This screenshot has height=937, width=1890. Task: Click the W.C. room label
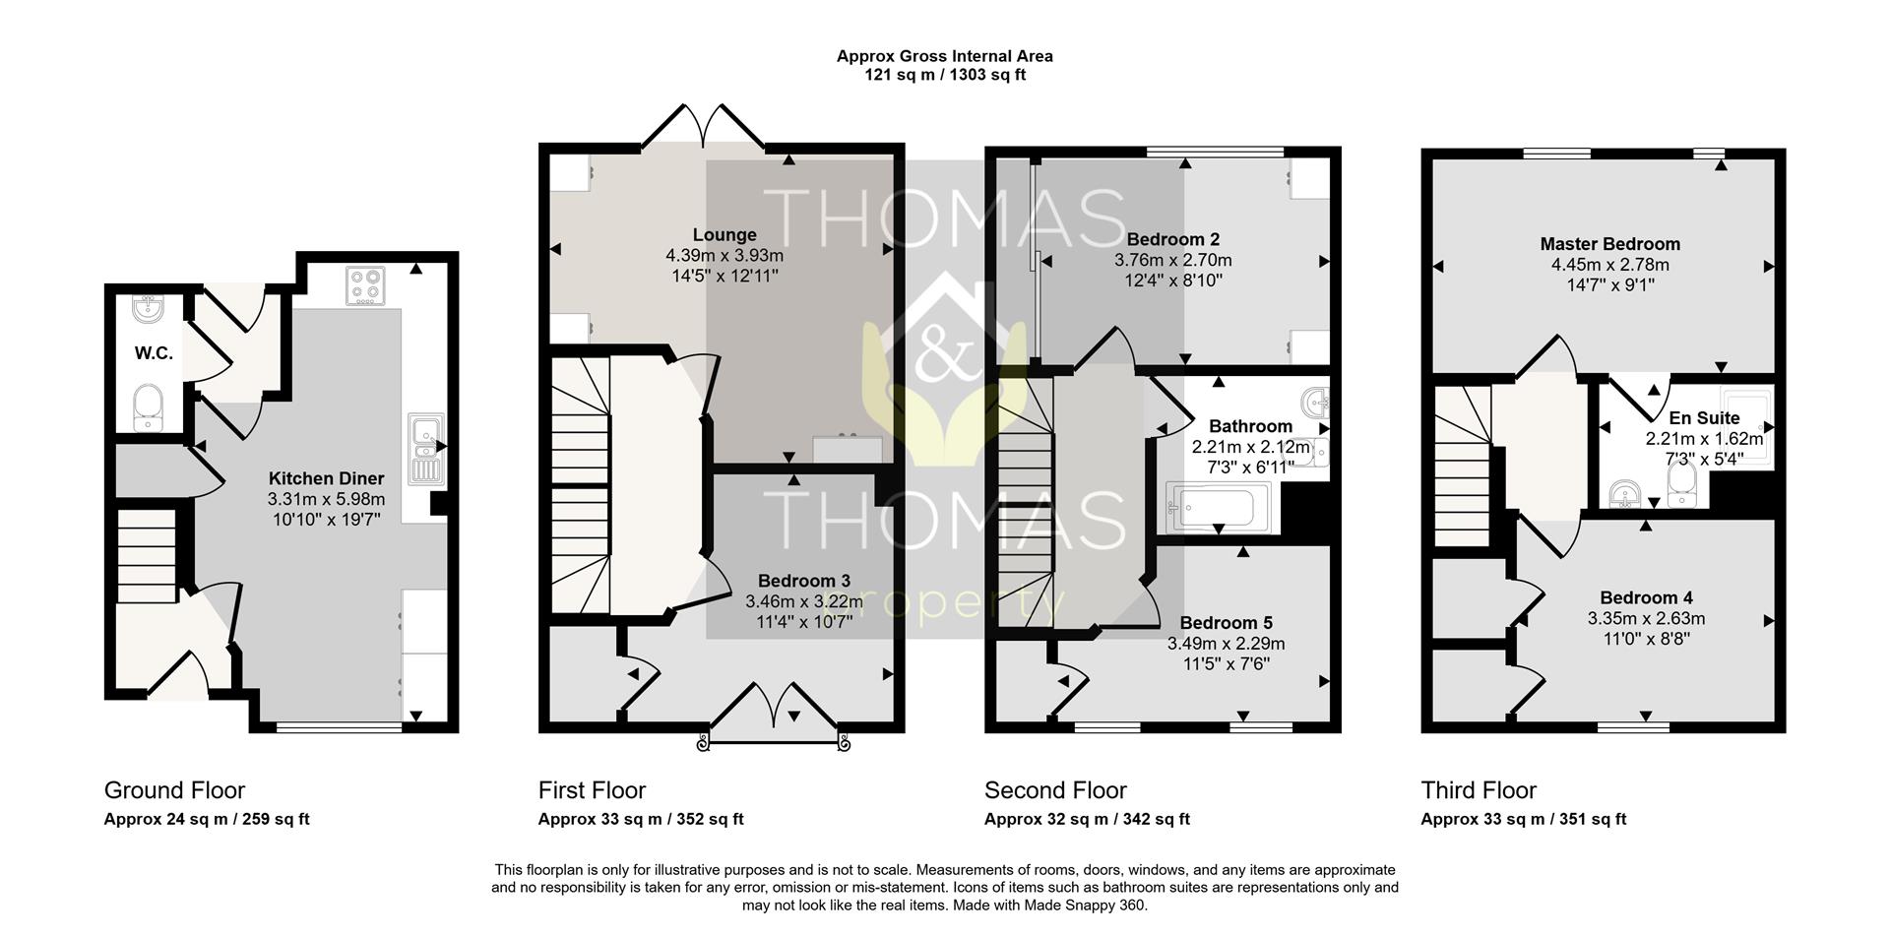point(154,353)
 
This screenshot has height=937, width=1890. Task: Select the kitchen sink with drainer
point(425,448)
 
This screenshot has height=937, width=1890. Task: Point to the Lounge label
point(724,235)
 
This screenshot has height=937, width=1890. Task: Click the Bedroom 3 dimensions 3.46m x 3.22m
point(804,601)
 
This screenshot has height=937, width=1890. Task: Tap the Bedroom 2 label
point(1173,239)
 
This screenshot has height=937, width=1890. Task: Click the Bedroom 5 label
point(1227,623)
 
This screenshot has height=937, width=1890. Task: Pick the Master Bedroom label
point(1610,244)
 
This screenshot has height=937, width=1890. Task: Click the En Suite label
point(1704,418)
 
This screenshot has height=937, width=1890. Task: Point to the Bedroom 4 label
point(1646,597)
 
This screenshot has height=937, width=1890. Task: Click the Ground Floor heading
point(174,790)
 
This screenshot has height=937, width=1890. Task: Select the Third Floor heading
point(1479,790)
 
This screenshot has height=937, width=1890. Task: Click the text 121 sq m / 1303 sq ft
point(945,75)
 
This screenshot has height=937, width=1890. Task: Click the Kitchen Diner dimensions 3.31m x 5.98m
point(326,499)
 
